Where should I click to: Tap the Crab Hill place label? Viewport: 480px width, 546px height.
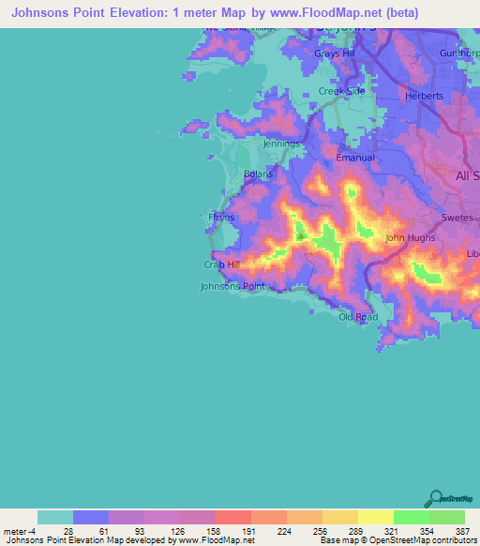pyautogui.click(x=222, y=265)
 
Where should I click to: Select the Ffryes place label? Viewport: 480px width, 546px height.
pyautogui.click(x=221, y=217)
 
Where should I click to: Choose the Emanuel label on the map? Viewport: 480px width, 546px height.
pyautogui.click(x=355, y=158)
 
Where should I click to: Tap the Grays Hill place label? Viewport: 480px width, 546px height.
pyautogui.click(x=335, y=53)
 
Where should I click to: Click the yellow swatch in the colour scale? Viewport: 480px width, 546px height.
pyautogui.click(x=375, y=517)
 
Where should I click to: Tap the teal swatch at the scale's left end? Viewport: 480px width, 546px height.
pyautogui.click(x=55, y=517)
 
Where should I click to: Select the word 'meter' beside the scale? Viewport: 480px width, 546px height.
pyautogui.click(x=16, y=530)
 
